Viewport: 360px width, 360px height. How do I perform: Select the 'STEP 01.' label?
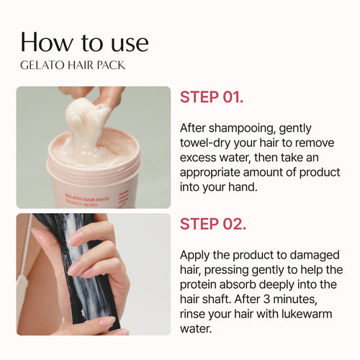(x=212, y=98)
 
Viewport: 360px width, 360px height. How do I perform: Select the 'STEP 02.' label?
(x=213, y=223)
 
